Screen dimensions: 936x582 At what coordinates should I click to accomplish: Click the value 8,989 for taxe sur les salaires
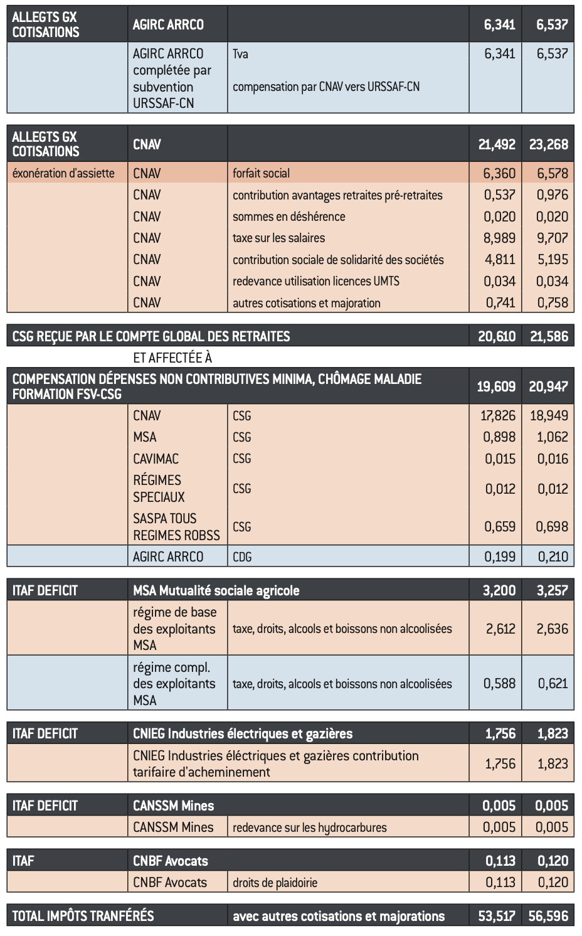click(x=499, y=238)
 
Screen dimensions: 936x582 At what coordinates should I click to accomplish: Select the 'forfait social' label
click(x=261, y=173)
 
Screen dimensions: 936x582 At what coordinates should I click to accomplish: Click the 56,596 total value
click(x=548, y=916)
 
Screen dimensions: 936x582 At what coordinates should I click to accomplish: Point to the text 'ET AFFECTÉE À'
click(x=172, y=358)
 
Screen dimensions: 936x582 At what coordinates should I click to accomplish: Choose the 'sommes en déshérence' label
click(x=288, y=216)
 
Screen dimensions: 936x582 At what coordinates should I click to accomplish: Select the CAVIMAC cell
click(x=156, y=459)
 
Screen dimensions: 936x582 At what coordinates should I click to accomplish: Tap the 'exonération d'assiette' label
click(x=63, y=173)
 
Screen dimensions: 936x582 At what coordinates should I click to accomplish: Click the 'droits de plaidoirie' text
click(x=275, y=883)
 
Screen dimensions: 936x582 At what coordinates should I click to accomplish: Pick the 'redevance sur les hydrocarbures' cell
click(x=309, y=827)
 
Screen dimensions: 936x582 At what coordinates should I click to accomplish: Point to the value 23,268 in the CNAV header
click(x=548, y=144)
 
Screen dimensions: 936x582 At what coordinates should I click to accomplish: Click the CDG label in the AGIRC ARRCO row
click(x=242, y=556)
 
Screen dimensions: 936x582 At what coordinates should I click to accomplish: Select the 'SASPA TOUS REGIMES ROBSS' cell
click(x=176, y=527)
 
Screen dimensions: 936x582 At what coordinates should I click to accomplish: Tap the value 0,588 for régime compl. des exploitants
click(x=499, y=684)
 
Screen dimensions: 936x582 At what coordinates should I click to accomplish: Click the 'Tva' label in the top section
click(x=240, y=54)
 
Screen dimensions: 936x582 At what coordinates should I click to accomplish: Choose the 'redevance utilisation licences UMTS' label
click(x=315, y=281)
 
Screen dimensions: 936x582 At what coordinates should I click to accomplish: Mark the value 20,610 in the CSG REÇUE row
click(x=497, y=336)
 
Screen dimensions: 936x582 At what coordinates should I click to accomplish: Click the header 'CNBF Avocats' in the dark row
click(x=170, y=861)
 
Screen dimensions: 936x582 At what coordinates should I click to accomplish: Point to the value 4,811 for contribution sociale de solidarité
click(x=499, y=259)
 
